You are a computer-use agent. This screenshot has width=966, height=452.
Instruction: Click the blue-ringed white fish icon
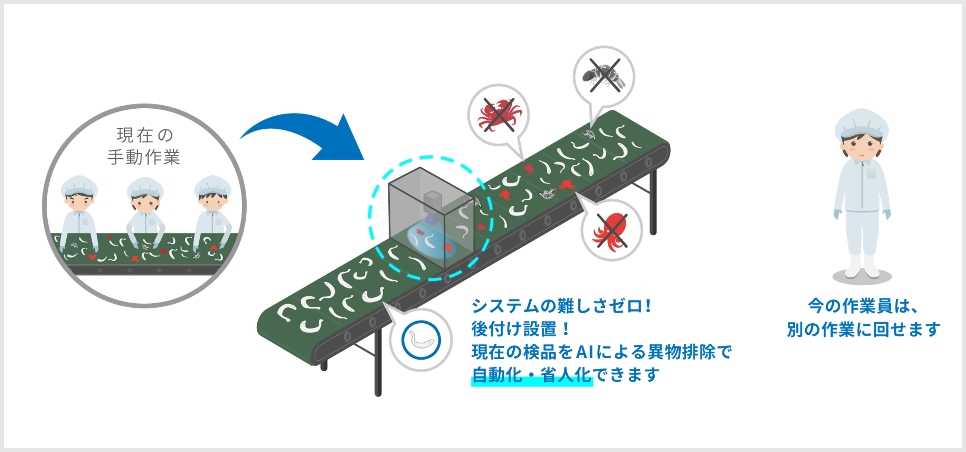coord(421,340)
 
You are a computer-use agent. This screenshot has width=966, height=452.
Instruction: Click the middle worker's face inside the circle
coord(145,202)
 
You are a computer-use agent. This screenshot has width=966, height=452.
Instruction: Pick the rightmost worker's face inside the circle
coord(212,202)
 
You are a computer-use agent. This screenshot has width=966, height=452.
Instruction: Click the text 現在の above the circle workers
coord(145,135)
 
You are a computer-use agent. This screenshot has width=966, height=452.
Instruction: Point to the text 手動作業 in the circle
coord(144,157)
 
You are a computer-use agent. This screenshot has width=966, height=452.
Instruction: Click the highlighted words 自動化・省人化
coord(531,375)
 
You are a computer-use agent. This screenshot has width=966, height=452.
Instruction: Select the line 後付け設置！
coord(521,329)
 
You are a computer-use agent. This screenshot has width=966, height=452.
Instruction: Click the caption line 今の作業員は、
coord(863,306)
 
